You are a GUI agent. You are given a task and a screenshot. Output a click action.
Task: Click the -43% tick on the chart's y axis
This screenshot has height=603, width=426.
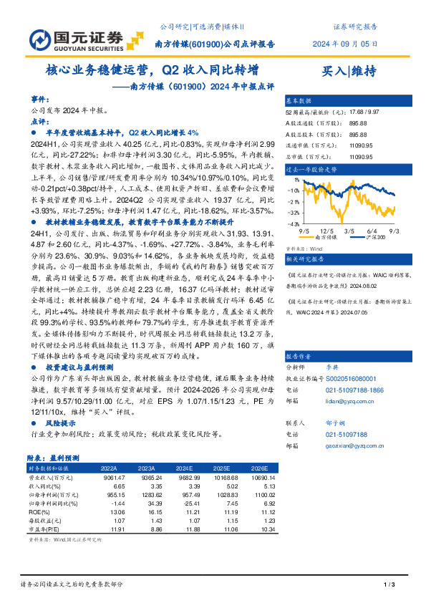pos(294,225)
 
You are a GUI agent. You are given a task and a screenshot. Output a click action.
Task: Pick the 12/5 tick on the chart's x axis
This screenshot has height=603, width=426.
pos(327,231)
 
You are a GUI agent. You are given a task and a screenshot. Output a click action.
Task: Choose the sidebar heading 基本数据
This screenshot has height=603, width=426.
pos(299,101)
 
